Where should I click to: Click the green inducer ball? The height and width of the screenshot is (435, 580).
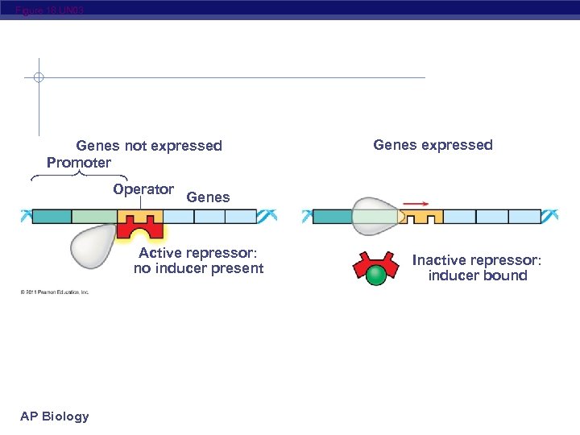point(376,276)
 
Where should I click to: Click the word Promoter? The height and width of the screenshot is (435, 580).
point(79,164)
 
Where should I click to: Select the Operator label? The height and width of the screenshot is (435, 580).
point(143,190)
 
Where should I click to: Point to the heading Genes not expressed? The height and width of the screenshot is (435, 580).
point(149,146)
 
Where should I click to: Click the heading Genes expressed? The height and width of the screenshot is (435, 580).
point(433,145)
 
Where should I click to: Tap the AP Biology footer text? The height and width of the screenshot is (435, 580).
point(55,416)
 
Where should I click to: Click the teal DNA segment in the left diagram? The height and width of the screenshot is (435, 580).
point(52,216)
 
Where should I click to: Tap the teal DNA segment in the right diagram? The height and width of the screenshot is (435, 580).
point(332,217)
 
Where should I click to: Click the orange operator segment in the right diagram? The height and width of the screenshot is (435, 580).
point(422,217)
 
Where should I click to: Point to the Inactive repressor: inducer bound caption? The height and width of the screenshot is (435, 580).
point(478,268)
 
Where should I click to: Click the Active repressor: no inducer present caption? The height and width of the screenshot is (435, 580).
point(198,261)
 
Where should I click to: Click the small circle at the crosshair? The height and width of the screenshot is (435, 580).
point(38,78)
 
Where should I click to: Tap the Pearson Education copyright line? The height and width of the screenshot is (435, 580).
point(55,292)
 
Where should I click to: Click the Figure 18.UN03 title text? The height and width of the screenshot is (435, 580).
point(48,10)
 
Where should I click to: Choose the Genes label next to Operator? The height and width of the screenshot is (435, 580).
point(208,197)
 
